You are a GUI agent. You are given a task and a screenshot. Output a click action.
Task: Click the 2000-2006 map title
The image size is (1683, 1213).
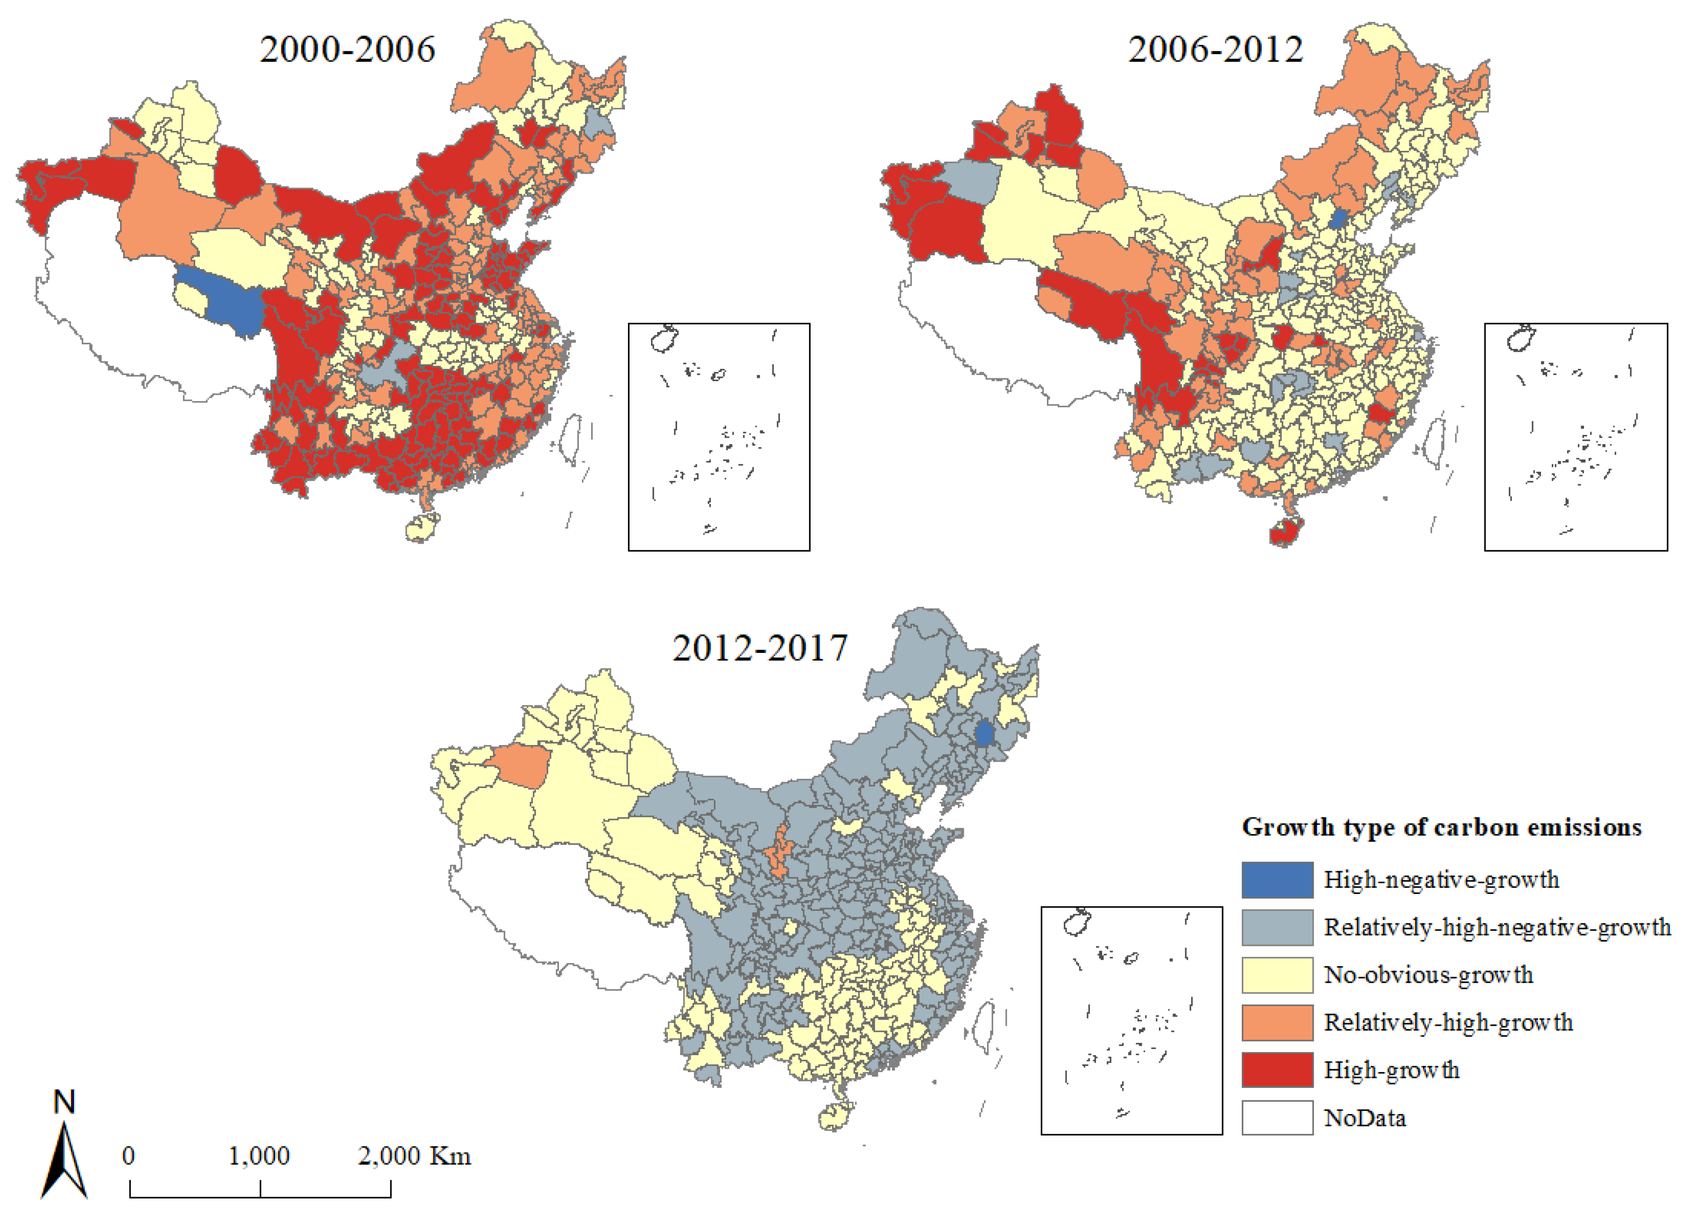(x=347, y=50)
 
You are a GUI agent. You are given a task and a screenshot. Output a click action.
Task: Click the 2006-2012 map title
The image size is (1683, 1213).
(x=1215, y=50)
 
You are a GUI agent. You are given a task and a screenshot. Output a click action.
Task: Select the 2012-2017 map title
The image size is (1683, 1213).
(x=759, y=648)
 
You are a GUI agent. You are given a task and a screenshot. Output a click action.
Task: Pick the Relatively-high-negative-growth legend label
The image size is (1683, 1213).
(x=1497, y=927)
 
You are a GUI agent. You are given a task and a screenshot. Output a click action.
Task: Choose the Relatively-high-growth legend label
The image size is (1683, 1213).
(x=1448, y=1022)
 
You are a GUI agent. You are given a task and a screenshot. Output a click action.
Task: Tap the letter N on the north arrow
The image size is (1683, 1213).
(x=64, y=1102)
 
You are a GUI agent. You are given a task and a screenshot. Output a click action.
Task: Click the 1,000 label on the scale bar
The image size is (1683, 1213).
(x=259, y=1156)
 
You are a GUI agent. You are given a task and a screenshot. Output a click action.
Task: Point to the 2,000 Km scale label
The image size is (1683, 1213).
(x=414, y=1156)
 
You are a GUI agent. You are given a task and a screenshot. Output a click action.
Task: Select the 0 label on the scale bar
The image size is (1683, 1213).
(x=128, y=1156)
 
